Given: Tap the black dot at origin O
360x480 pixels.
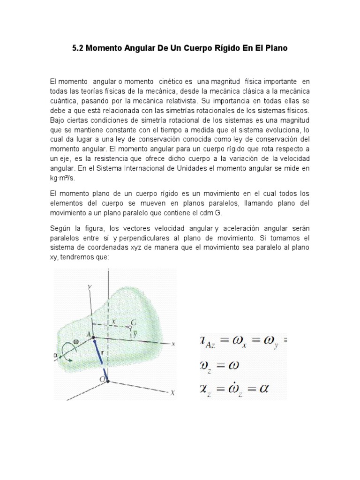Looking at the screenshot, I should pyautogui.click(x=108, y=382).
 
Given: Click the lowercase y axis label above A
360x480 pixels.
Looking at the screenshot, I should pyautogui.click(x=88, y=285).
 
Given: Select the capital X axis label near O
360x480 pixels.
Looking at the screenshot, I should pyautogui.click(x=172, y=393).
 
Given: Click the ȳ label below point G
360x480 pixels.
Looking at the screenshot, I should pyautogui.click(x=134, y=333).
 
